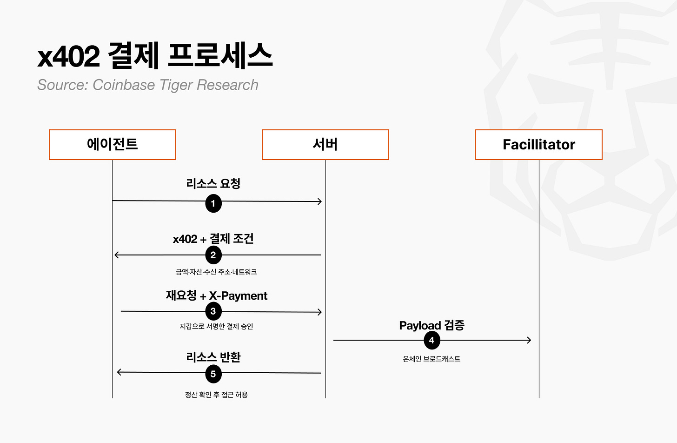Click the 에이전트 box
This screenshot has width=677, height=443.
pyautogui.click(x=113, y=145)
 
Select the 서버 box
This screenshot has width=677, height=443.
pyautogui.click(x=325, y=145)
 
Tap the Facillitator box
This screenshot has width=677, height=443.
pyautogui.click(x=539, y=145)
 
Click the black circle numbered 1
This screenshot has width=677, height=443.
pyautogui.click(x=213, y=203)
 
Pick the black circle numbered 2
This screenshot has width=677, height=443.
pyautogui.click(x=213, y=255)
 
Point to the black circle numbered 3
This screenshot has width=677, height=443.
pyautogui.click(x=213, y=311)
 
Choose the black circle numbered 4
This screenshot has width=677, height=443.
pyautogui.click(x=431, y=340)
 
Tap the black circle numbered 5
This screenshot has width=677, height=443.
pyautogui.click(x=213, y=374)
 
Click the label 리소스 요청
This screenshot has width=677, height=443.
pyautogui.click(x=213, y=183)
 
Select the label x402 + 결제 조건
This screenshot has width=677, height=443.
pyautogui.click(x=213, y=239)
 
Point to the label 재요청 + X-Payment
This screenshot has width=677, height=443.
pyautogui.click(x=217, y=295)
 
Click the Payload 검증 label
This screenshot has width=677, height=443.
pyautogui.click(x=431, y=325)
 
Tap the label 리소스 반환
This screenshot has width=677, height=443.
pyautogui.click(x=213, y=357)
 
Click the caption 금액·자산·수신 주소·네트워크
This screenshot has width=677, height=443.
pyautogui.click(x=216, y=272)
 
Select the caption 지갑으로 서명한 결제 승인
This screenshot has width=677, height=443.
pyautogui.click(x=216, y=326)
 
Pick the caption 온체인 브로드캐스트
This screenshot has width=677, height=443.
pyautogui.click(x=431, y=359)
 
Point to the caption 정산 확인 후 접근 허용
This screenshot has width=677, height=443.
pyautogui.click(x=216, y=395)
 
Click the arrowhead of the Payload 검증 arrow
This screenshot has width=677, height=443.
pyautogui.click(x=529, y=340)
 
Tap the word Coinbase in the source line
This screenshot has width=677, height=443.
pyautogui.click(x=124, y=85)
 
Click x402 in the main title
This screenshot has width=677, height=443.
pyautogui.click(x=69, y=56)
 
